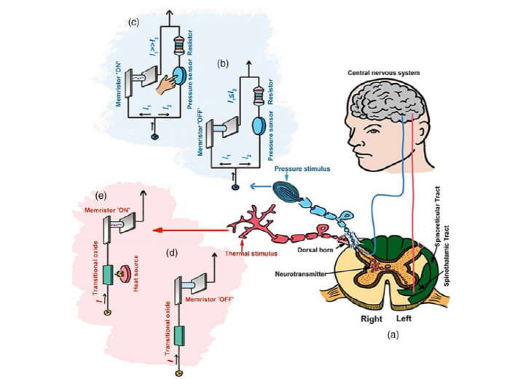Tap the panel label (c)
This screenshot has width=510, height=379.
(x=134, y=22)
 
